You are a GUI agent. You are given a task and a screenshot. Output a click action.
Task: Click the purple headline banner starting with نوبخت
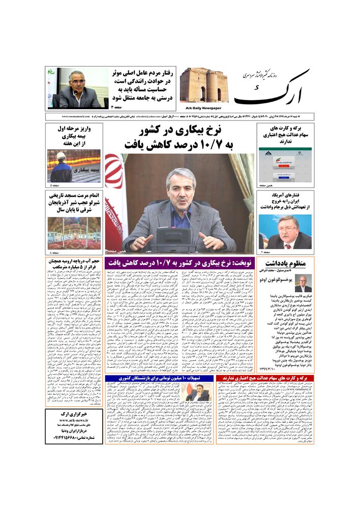click(180, 262)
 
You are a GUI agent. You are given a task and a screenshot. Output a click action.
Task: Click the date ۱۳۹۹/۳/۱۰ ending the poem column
click(279, 367)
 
